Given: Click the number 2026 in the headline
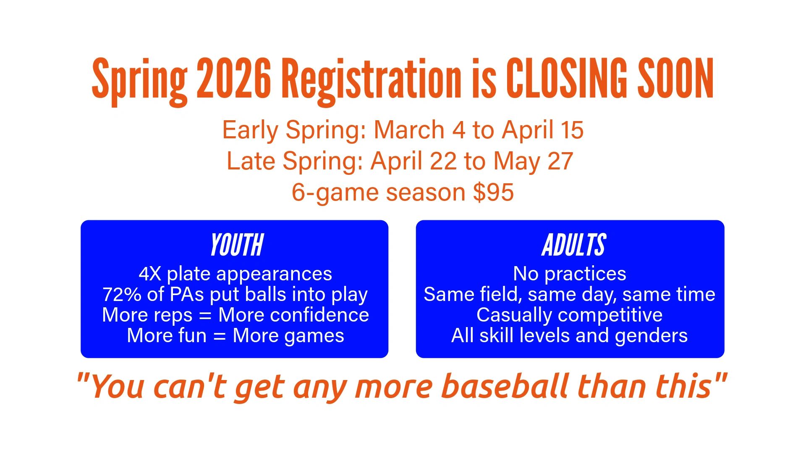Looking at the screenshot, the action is (x=234, y=78).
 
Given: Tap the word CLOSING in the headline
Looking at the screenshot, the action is (x=567, y=78).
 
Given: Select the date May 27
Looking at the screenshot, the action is (x=533, y=161).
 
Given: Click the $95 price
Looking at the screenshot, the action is (x=493, y=193).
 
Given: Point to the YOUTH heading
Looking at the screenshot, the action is (x=237, y=245).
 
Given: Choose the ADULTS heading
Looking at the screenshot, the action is (x=574, y=245).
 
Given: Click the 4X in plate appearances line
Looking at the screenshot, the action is (x=150, y=274).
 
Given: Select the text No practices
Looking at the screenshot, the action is (x=570, y=274).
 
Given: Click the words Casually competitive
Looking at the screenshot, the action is (x=570, y=315).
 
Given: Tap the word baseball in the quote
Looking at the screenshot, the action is (x=505, y=386).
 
